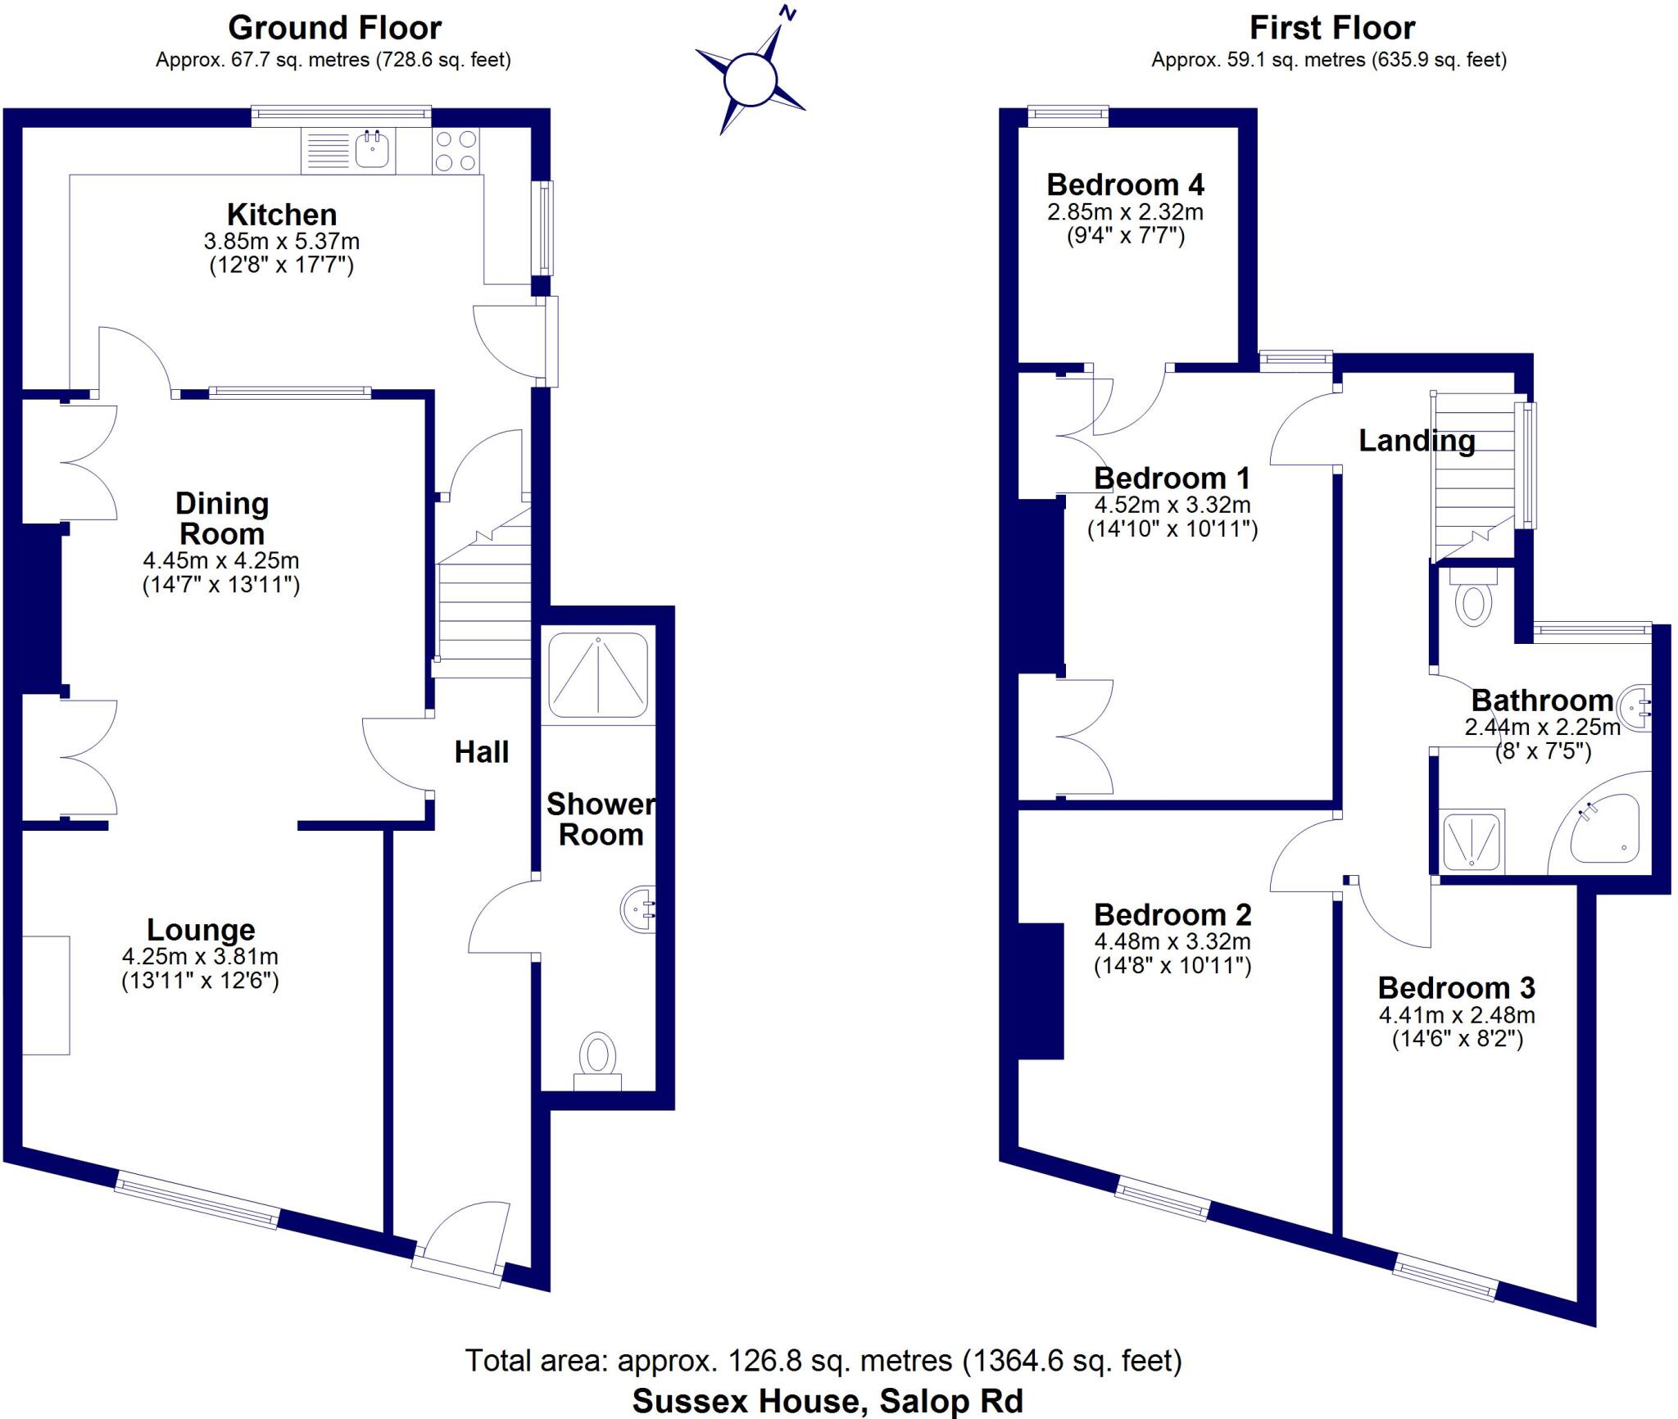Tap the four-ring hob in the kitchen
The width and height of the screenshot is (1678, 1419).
click(x=456, y=151)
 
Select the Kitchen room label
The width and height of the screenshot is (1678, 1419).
click(x=282, y=215)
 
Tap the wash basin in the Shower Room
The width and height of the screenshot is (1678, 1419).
click(x=639, y=909)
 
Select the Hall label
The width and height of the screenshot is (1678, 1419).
click(x=482, y=752)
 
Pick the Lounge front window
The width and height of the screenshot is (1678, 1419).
click(x=197, y=1200)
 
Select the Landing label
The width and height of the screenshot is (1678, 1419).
click(x=1417, y=441)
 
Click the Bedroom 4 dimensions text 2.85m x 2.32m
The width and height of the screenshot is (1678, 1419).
click(x=1125, y=212)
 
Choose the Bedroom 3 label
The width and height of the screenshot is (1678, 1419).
click(x=1456, y=987)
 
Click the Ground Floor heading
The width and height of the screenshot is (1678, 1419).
click(x=334, y=28)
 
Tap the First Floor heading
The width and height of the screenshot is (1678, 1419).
click(x=1331, y=28)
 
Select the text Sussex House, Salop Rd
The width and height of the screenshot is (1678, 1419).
click(x=828, y=1400)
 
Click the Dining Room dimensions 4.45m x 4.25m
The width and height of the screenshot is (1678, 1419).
click(x=221, y=561)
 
